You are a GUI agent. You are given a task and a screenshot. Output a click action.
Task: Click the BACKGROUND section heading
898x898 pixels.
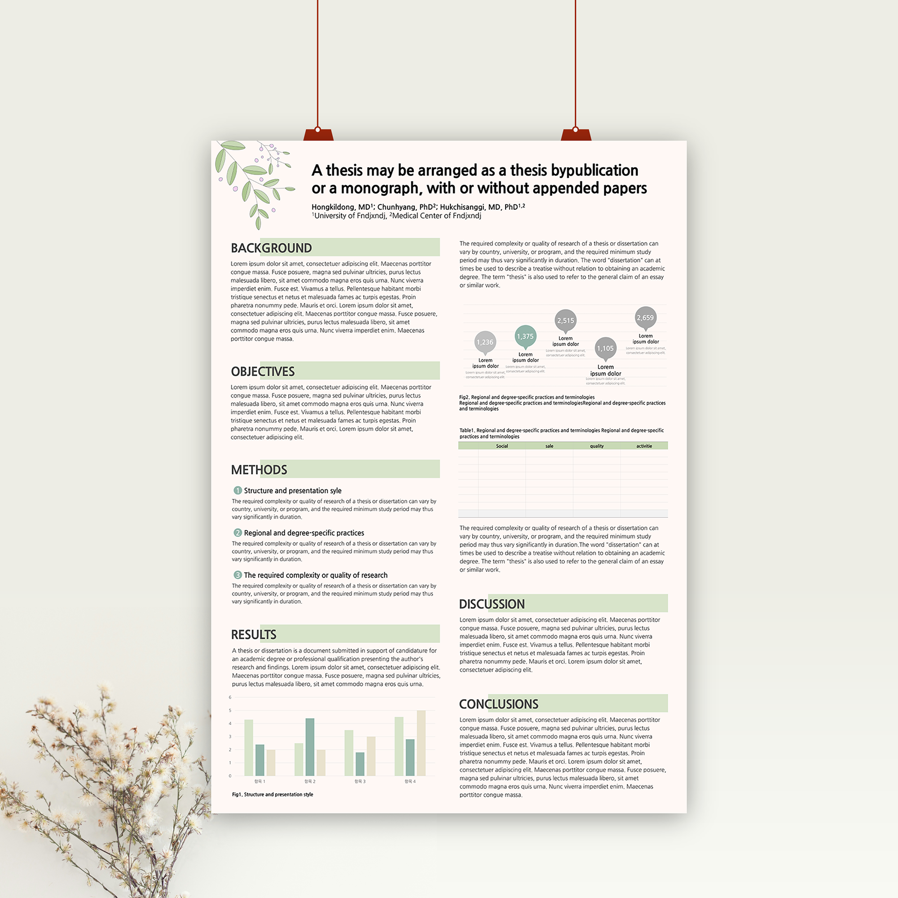pos(272,248)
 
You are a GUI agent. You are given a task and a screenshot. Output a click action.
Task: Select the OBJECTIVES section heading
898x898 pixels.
pos(263,371)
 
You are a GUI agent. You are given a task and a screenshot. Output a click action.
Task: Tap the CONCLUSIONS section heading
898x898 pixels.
pos(498,704)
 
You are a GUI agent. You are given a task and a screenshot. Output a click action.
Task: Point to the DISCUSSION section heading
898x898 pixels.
pos(492,604)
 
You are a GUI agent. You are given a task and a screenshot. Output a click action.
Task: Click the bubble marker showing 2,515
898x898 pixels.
pos(566,320)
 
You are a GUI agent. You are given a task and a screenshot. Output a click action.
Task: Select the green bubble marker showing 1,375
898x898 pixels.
pos(525,336)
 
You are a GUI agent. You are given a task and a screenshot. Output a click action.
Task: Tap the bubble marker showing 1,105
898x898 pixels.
pos(605,348)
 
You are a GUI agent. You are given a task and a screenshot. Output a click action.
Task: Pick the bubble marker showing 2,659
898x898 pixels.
pos(645,317)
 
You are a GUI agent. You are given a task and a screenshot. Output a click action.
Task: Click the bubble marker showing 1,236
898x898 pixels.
pos(485,342)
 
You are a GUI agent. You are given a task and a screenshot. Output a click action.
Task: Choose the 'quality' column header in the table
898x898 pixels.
pos(597,446)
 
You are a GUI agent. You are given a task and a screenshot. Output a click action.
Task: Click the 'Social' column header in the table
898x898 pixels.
pos(502,446)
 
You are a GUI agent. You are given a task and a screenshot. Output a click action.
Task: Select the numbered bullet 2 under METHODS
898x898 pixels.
pos(238,533)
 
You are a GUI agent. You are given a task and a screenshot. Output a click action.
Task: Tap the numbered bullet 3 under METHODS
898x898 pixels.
pos(238,575)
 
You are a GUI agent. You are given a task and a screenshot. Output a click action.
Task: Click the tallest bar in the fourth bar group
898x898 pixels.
pos(421,743)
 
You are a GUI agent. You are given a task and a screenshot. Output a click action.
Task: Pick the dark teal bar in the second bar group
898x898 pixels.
pos(310,747)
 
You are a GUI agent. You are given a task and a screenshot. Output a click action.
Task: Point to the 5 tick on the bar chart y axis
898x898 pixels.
pos(230,710)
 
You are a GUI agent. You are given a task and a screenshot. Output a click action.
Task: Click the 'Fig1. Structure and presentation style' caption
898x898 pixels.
pos(273,794)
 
